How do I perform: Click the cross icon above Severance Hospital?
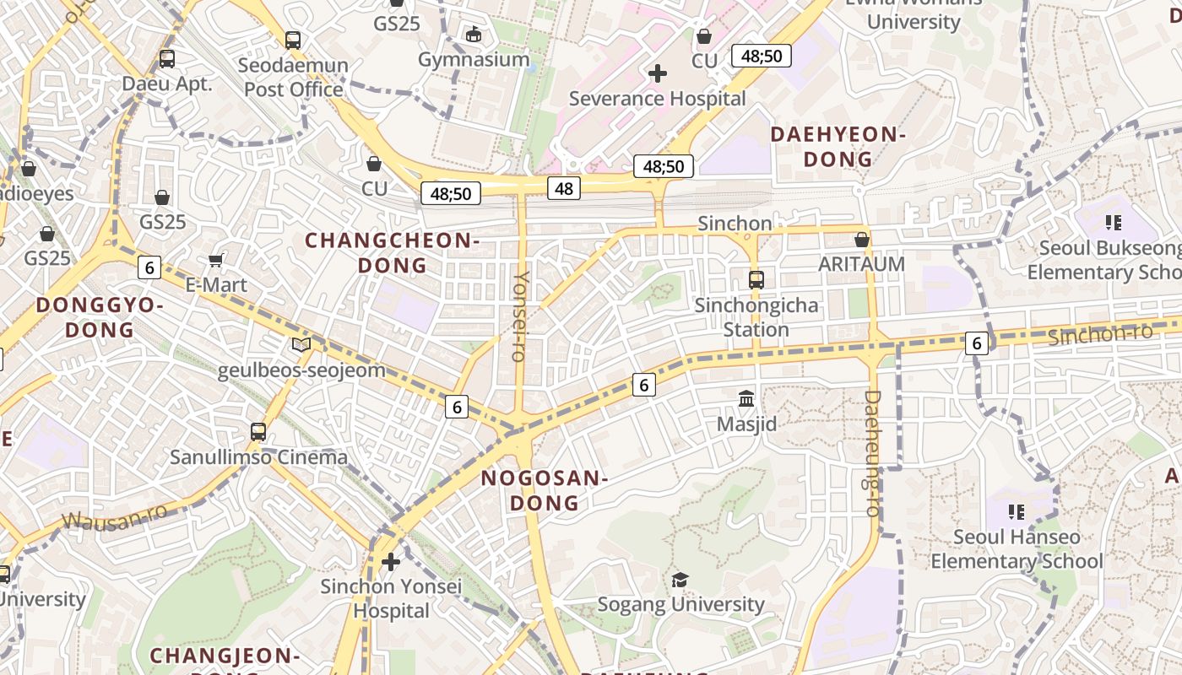(x=658, y=73)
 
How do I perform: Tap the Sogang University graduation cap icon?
(x=680, y=580)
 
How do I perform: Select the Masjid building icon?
(x=746, y=398)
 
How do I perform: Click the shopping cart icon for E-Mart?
(x=216, y=261)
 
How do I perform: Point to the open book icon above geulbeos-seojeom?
(x=301, y=344)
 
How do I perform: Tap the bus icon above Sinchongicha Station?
(x=756, y=279)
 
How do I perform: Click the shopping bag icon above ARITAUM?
(x=861, y=240)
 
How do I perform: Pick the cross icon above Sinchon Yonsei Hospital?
(x=390, y=561)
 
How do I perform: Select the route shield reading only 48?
(x=564, y=188)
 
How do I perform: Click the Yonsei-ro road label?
(x=520, y=316)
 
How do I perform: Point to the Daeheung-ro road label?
(x=872, y=453)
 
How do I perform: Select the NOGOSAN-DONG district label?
(x=545, y=491)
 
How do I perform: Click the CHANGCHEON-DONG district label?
(x=393, y=253)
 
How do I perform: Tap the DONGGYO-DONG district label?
(x=100, y=317)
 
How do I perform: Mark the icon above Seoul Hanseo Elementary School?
(x=1017, y=511)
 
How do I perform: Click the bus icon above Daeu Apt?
(x=167, y=59)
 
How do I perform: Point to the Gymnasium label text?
(x=474, y=60)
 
